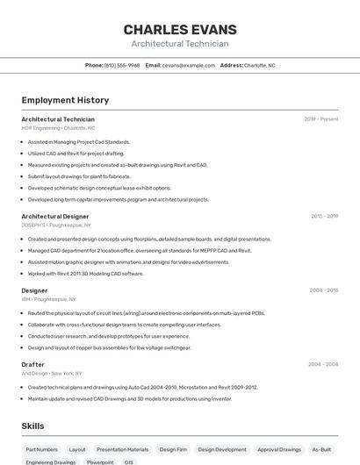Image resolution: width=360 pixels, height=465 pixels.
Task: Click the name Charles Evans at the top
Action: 180,29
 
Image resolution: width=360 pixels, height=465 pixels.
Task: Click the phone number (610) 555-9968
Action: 122,65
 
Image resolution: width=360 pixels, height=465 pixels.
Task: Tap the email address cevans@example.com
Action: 189,65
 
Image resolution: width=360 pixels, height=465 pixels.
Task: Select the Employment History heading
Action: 65,100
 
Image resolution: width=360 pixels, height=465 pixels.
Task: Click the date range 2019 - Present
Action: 321,119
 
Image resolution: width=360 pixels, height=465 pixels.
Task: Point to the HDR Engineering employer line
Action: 58,128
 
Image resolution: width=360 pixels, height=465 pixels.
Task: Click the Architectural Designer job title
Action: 55,216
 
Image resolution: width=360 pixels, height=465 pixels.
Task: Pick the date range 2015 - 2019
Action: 324,216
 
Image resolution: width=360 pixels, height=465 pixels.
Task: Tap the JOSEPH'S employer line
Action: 55,225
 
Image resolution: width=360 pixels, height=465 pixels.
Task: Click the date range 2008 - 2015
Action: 324,290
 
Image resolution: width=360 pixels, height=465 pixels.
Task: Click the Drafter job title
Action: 33,364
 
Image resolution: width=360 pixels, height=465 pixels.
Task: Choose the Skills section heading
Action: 33,426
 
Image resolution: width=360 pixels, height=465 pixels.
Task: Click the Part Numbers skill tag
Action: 42,449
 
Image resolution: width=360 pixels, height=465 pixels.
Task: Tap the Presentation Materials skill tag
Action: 122,449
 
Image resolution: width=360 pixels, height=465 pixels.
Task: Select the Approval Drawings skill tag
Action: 279,449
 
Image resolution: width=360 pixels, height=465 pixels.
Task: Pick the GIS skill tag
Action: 129,461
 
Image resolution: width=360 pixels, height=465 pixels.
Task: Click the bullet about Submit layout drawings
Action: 79,176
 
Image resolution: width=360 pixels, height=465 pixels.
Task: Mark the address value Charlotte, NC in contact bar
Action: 260,65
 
